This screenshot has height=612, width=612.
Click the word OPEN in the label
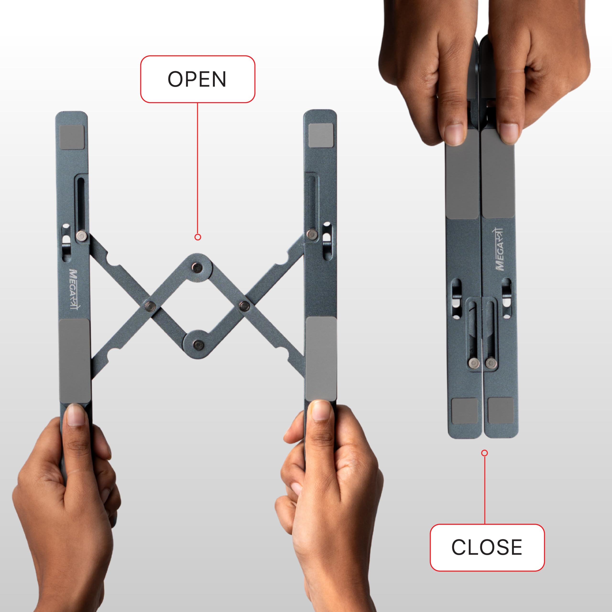click(197, 79)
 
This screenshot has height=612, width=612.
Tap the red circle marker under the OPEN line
click(198, 237)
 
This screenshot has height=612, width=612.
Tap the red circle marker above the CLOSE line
click(484, 453)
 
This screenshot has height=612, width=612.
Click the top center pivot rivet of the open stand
click(198, 268)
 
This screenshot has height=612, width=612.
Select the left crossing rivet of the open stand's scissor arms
click(150, 306)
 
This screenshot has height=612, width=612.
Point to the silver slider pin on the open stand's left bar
click(82, 236)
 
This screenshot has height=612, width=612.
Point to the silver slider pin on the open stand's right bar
click(312, 235)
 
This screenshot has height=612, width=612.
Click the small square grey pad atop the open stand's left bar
click(72, 137)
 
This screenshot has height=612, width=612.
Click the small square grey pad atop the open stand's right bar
click(321, 136)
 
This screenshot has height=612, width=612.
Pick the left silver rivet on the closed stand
click(474, 363)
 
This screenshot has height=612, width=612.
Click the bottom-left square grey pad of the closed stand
click(465, 411)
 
